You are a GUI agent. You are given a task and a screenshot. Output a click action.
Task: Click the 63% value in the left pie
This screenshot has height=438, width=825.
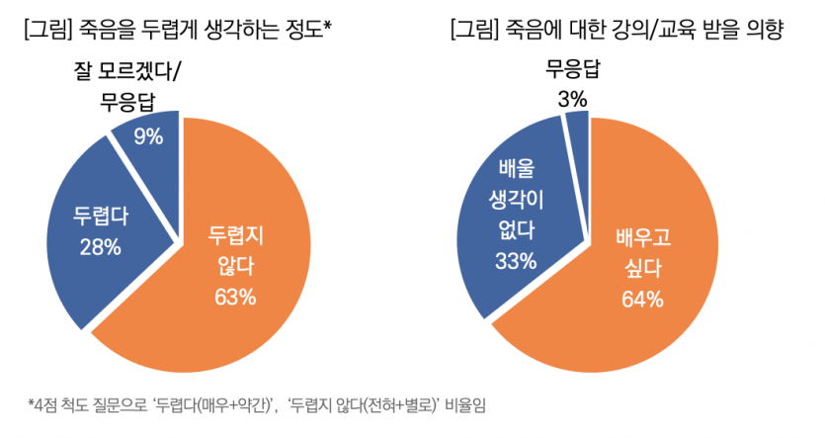234,296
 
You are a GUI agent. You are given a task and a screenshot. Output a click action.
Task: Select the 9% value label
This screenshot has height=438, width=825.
148,136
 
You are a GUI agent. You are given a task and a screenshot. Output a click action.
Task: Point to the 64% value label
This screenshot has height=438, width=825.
641,300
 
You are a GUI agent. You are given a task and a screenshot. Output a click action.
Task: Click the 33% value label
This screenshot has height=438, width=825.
515,261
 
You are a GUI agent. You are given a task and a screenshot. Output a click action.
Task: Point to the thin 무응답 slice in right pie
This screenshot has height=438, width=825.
578,127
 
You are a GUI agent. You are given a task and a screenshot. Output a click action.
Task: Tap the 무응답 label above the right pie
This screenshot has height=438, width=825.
572,70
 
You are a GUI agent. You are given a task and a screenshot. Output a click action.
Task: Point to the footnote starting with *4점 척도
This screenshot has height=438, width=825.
260,405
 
